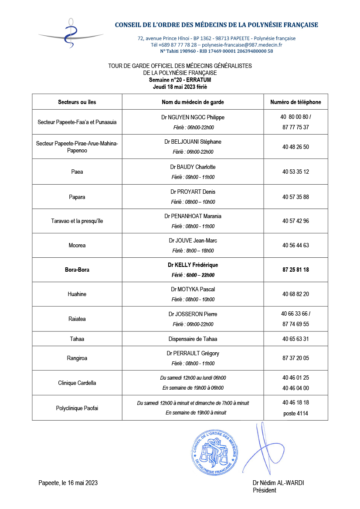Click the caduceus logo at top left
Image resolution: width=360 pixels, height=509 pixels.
[x=70, y=34]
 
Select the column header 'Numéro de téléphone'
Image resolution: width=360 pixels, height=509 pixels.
[x=295, y=102]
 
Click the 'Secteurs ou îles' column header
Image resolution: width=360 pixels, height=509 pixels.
[x=77, y=102]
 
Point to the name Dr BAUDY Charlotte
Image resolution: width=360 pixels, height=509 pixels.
[x=193, y=167]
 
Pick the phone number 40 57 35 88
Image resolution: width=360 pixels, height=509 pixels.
[x=295, y=197]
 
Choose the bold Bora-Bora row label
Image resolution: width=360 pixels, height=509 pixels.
[x=77, y=270]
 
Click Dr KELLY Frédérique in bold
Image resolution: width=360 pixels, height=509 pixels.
[x=193, y=265]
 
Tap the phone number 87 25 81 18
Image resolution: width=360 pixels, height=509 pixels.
[x=295, y=270]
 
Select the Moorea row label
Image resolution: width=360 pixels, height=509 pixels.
[x=77, y=246]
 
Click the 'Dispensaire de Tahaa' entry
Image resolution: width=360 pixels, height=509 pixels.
[x=193, y=339]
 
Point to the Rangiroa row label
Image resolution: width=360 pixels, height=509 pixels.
[x=77, y=358]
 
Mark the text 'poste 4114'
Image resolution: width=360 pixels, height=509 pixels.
[x=295, y=413]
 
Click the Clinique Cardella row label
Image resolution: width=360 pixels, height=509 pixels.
[x=77, y=383]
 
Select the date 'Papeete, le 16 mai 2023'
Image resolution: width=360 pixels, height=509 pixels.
[x=68, y=482]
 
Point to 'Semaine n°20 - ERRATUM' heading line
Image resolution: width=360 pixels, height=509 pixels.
[x=180, y=80]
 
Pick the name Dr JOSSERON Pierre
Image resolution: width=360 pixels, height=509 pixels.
[x=193, y=314]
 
